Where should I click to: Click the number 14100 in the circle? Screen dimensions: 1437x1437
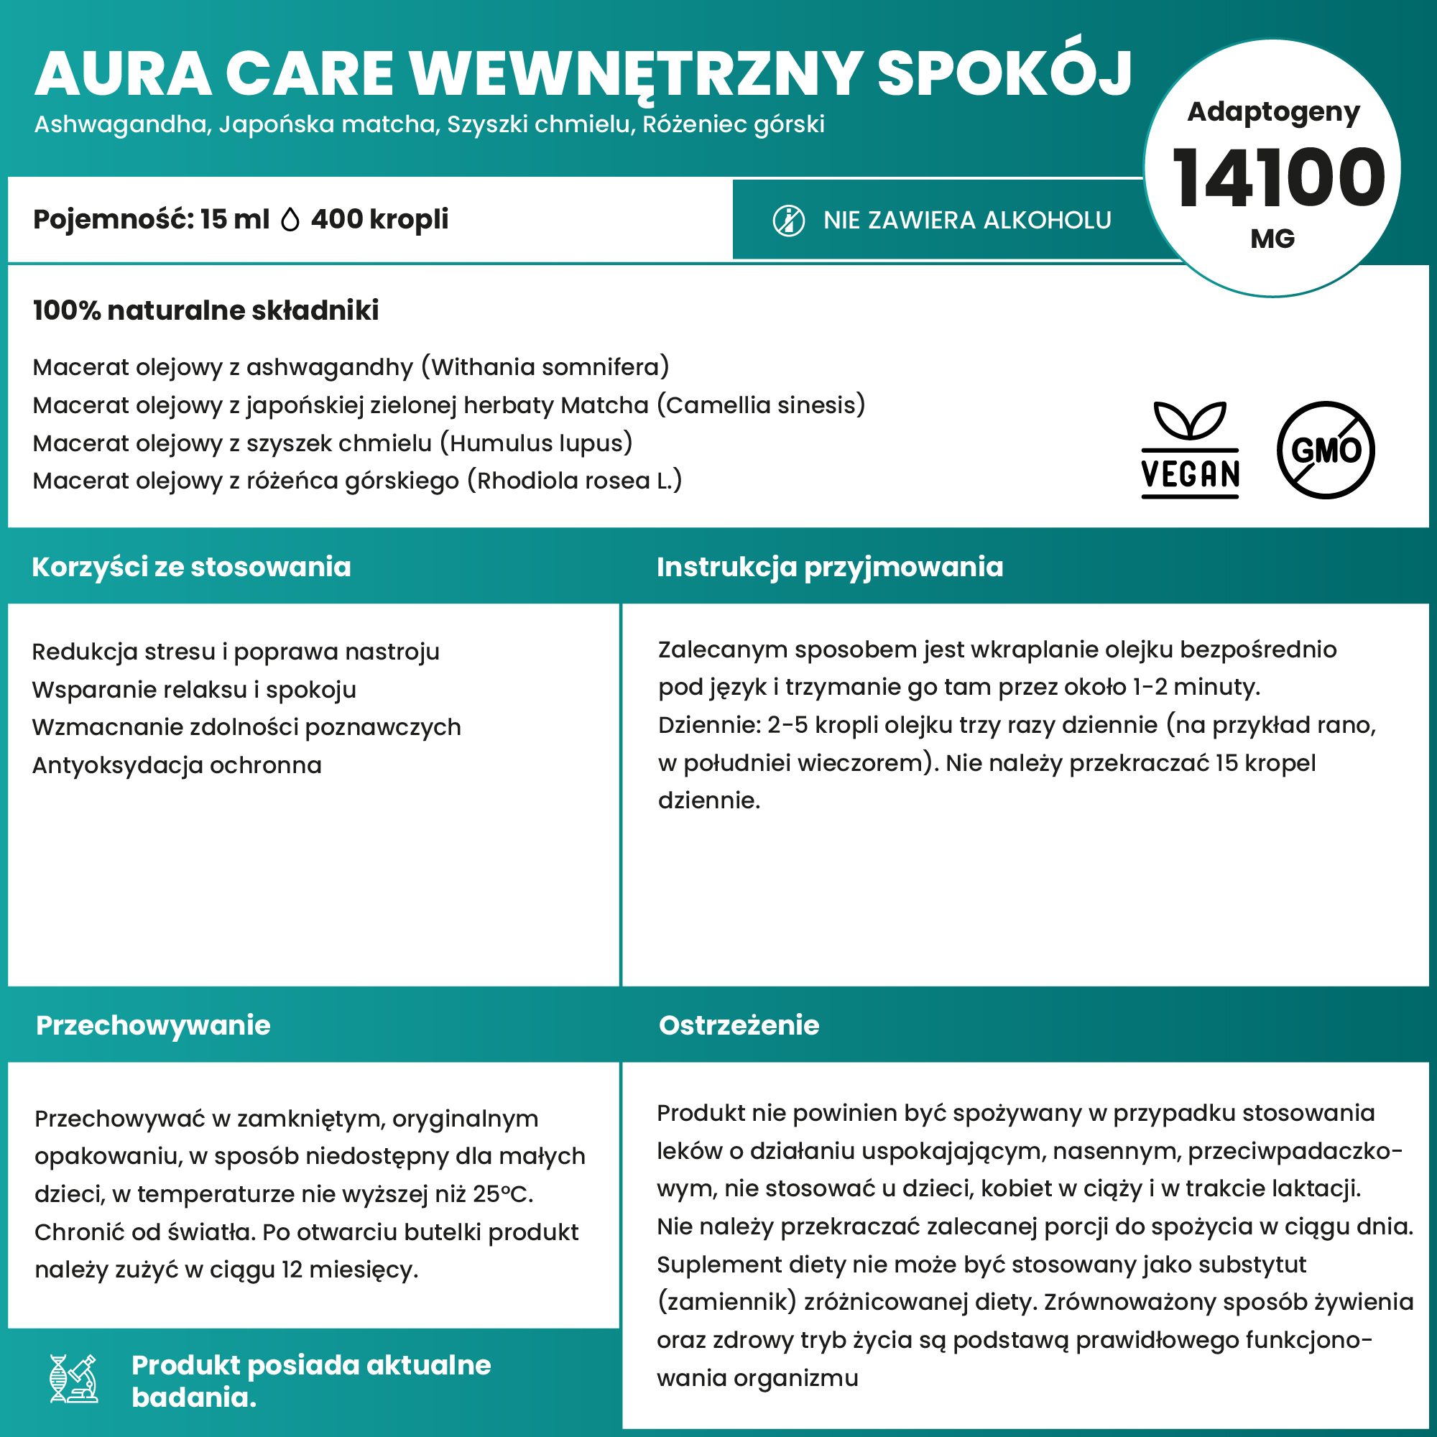[1277, 178]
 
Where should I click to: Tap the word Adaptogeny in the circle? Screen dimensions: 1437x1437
[1273, 111]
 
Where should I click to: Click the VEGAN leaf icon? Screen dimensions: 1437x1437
[1190, 449]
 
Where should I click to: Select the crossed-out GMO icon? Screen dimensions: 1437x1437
[1326, 450]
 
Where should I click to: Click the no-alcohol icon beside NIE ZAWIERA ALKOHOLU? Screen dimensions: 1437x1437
[788, 221]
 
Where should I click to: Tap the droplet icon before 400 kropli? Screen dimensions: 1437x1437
[290, 220]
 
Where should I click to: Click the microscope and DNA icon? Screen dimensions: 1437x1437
[73, 1378]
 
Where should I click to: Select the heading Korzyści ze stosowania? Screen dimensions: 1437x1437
[191, 567]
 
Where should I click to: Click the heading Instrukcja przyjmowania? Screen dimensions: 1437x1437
[829, 567]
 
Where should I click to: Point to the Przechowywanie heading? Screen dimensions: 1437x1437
[153, 1025]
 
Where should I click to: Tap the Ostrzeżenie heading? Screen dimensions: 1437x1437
[739, 1025]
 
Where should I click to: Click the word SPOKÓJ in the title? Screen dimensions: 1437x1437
[1004, 75]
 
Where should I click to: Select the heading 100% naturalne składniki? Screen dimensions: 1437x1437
[206, 310]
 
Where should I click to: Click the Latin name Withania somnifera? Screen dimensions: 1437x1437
[546, 366]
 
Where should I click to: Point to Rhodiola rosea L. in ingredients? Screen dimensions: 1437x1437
[574, 481]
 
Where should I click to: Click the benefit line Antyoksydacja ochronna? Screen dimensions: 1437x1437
[177, 764]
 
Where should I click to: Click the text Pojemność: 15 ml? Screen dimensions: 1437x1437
[151, 219]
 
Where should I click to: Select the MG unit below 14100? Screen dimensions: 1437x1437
[1272, 239]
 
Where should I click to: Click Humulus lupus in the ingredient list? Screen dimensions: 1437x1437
[535, 443]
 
